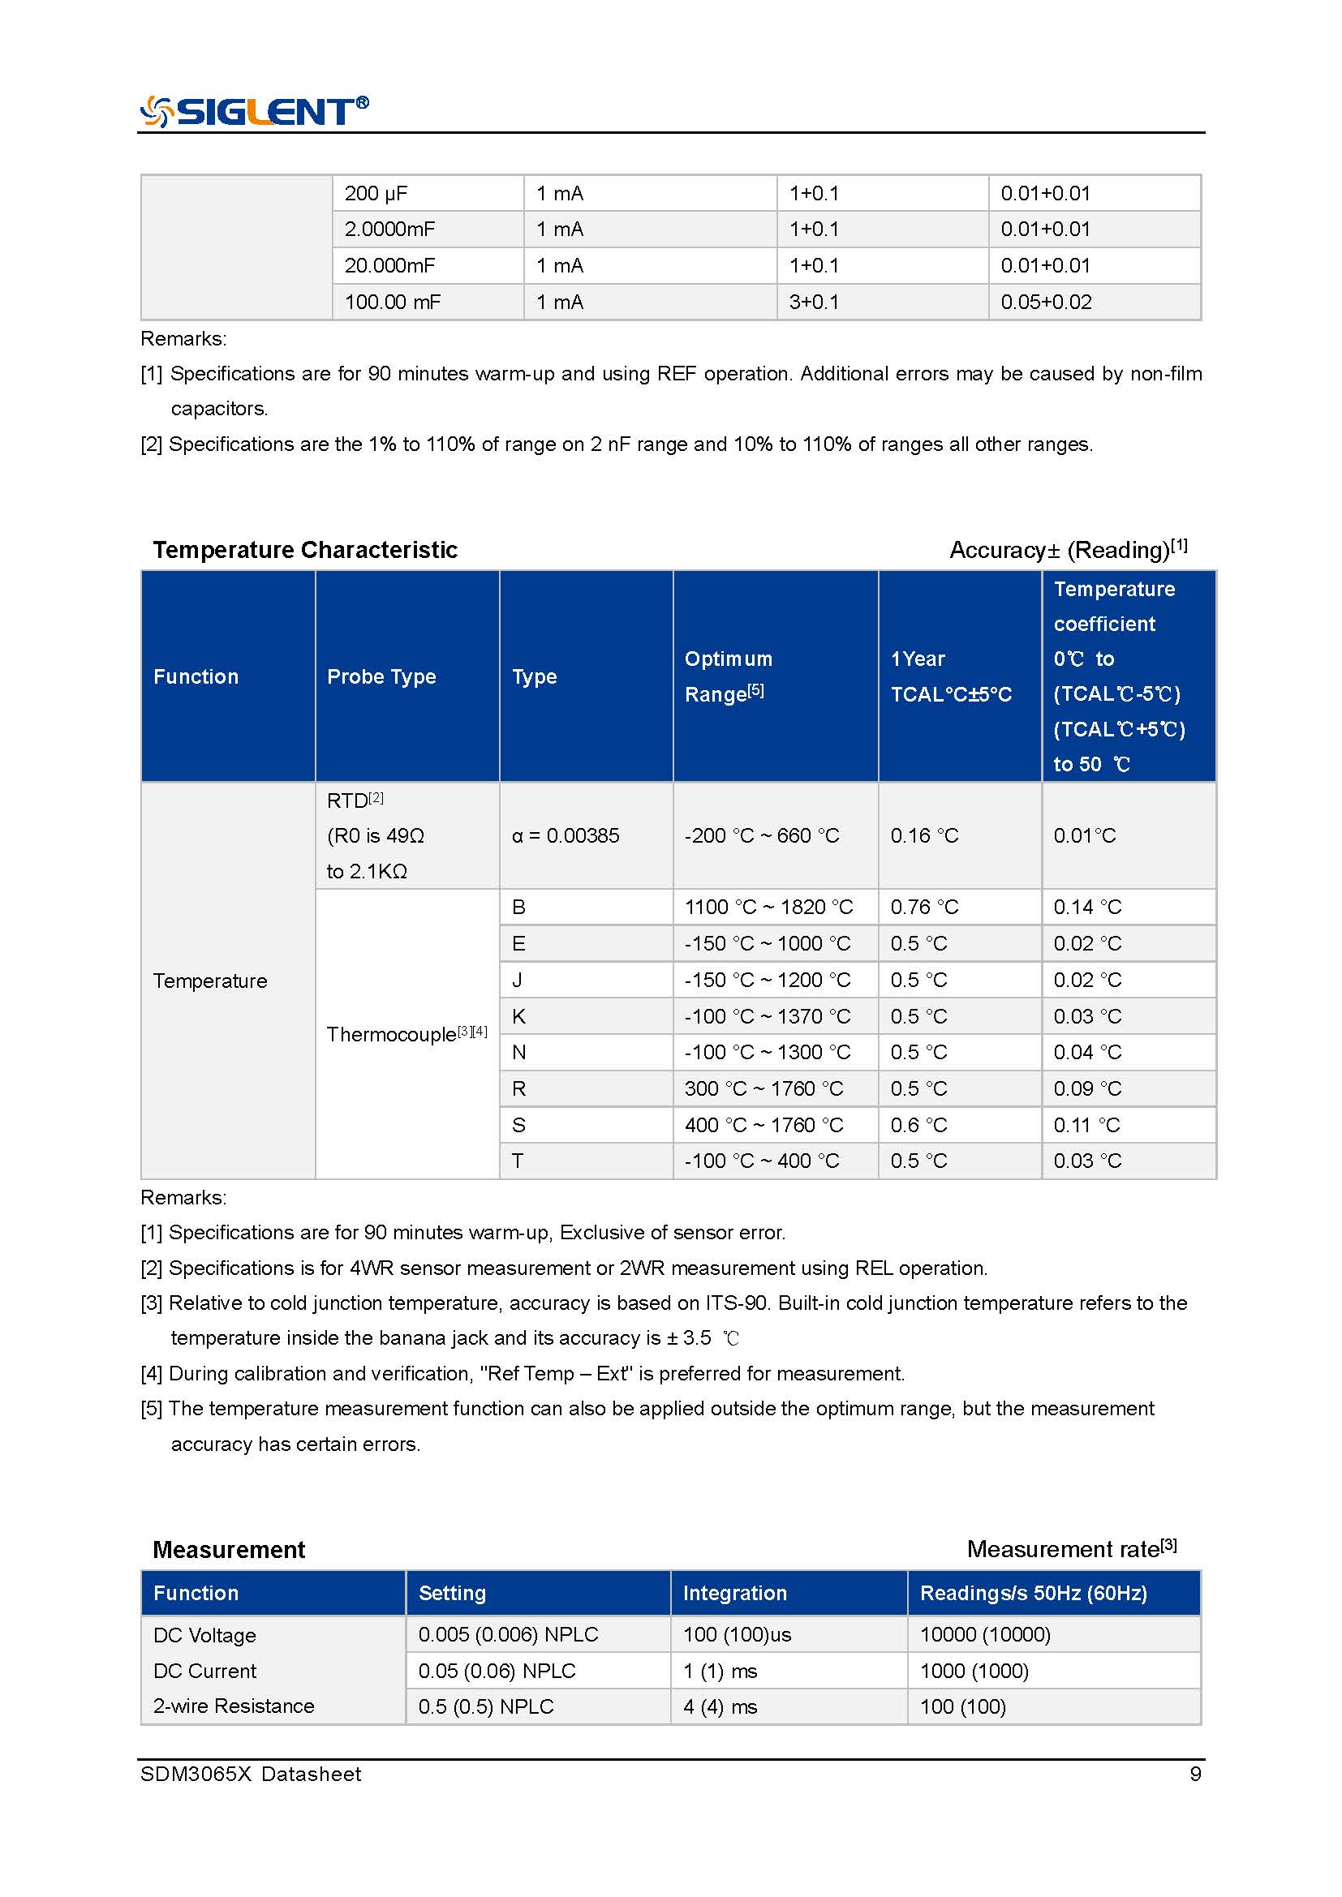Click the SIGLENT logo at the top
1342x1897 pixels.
pos(255,111)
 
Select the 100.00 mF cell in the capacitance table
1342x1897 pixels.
pos(393,303)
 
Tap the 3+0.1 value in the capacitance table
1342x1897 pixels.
pos(814,303)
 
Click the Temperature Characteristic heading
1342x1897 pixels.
pos(305,550)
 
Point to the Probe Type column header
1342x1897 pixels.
pos(382,676)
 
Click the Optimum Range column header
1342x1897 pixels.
pos(728,676)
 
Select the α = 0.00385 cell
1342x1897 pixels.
pos(566,836)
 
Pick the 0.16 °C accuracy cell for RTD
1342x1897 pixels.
pos(925,836)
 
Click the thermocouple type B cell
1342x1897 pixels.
pos(519,908)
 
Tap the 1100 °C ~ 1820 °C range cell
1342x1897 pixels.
pos(768,908)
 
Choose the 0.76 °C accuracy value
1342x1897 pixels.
pos(925,908)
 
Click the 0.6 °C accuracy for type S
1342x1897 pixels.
pos(919,1126)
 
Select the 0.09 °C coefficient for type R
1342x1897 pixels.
pos(1087,1089)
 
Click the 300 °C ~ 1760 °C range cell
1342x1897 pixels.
pos(763,1089)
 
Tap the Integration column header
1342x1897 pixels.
pos(734,1594)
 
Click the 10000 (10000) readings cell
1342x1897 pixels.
pos(985,1635)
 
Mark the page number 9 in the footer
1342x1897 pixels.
pos(1195,1775)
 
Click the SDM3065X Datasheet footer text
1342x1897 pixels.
pos(252,1775)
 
